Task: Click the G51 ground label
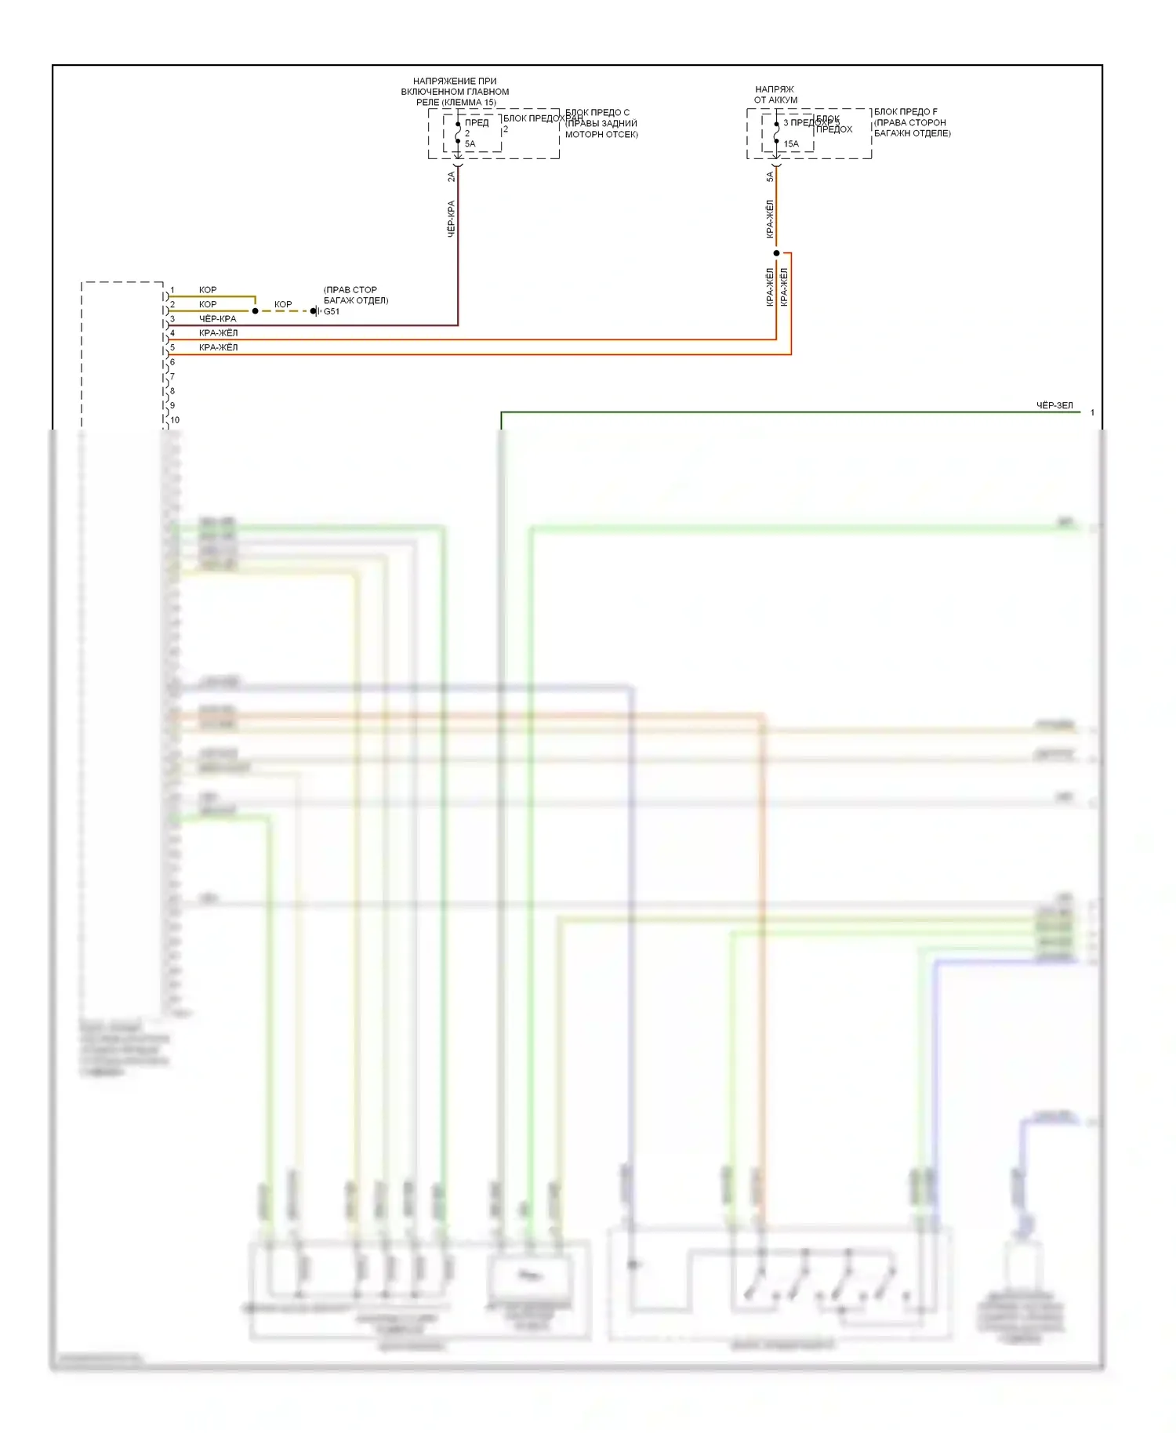[x=332, y=311]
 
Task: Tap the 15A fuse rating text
[x=791, y=143]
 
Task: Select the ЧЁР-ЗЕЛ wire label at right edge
[x=1054, y=405]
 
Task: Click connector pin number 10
[x=175, y=419]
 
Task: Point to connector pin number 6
[x=172, y=361]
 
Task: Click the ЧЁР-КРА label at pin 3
[x=217, y=318]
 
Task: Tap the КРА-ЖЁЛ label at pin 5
[x=218, y=347]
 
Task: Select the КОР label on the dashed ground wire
[x=283, y=304]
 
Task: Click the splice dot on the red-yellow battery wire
[x=776, y=253]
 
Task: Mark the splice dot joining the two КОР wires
[x=255, y=311]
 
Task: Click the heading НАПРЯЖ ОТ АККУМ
[x=775, y=94]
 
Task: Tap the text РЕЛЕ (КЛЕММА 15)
[x=456, y=102]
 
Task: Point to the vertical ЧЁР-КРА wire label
[x=451, y=219]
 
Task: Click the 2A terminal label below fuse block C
[x=451, y=177]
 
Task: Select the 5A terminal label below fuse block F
[x=769, y=177]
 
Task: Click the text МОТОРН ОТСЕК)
[x=601, y=134]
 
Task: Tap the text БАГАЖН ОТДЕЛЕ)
[x=912, y=133]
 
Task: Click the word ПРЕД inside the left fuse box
[x=476, y=122]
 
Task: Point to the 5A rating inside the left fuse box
[x=470, y=143]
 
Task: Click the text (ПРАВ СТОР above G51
[x=350, y=289]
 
